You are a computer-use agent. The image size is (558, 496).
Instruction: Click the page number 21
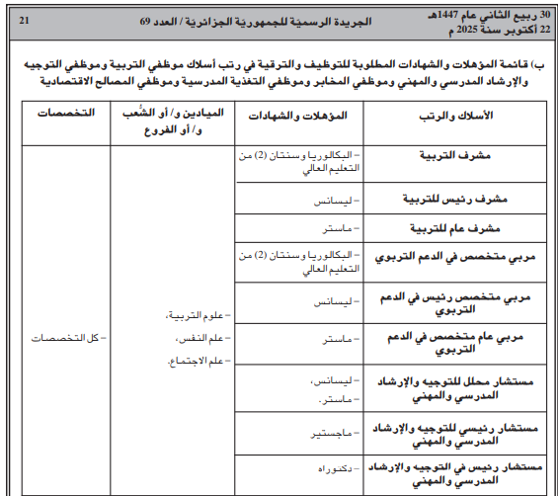click(24, 20)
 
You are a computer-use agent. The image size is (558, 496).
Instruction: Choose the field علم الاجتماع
click(193, 360)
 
